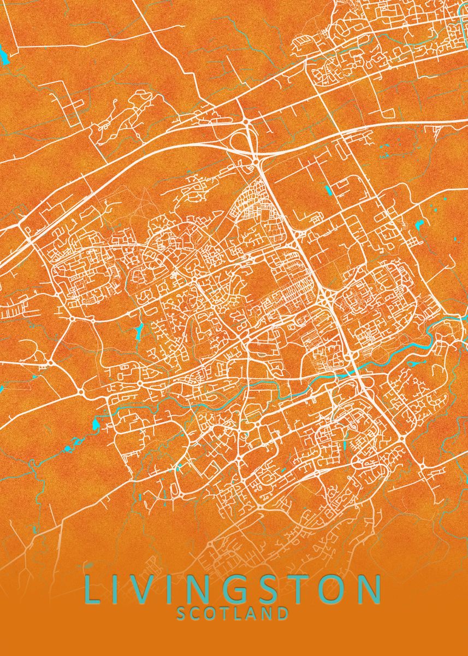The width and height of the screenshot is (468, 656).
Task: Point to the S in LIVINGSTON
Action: click(272, 589)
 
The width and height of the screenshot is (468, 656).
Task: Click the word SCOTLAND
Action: click(233, 613)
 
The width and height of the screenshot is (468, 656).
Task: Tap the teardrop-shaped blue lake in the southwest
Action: click(96, 424)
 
